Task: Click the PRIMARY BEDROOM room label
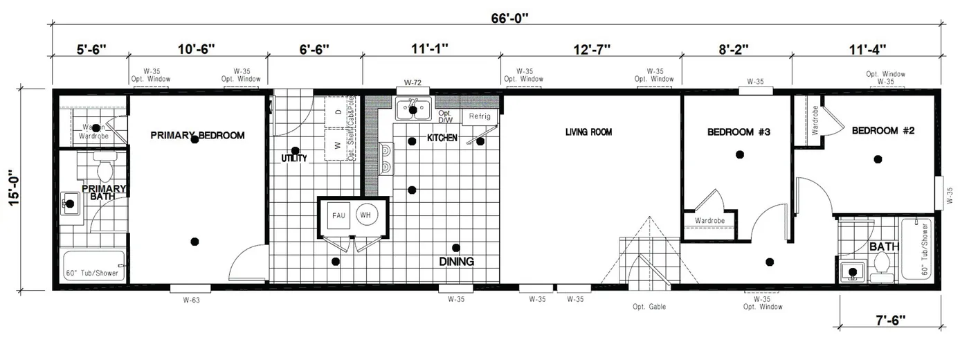click(x=197, y=136)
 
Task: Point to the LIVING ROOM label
click(x=588, y=132)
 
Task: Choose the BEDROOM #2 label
click(x=883, y=131)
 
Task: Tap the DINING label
click(x=456, y=262)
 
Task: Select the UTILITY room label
click(x=294, y=159)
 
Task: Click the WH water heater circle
click(x=365, y=215)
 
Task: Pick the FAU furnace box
click(x=338, y=216)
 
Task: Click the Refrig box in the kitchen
click(x=479, y=116)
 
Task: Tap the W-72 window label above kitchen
click(x=413, y=83)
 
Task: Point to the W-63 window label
click(x=191, y=300)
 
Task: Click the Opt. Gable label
click(x=649, y=307)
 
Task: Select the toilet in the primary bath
click(x=105, y=168)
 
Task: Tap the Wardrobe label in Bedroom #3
click(x=709, y=222)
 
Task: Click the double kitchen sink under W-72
click(x=413, y=109)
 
